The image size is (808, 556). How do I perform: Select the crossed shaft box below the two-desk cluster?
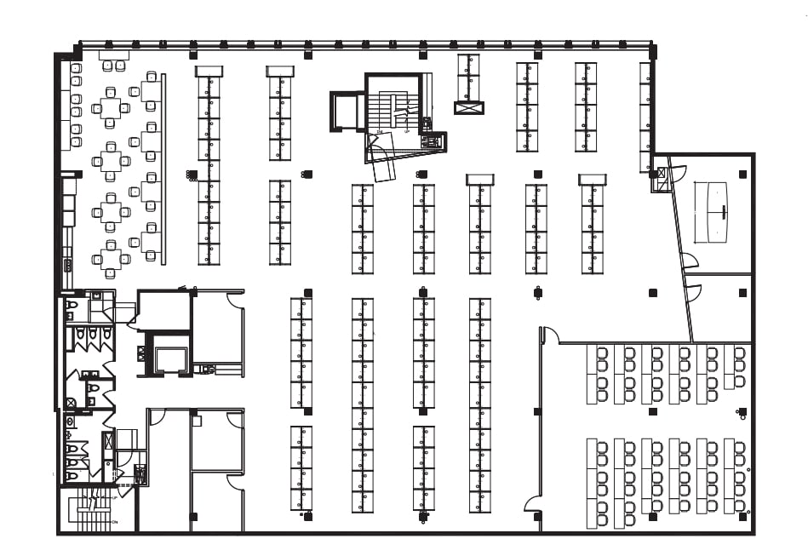click(x=468, y=108)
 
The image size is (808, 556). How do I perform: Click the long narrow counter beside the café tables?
click(x=163, y=170)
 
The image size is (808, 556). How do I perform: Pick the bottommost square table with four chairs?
click(x=110, y=257)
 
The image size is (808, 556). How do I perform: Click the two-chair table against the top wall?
click(x=113, y=55)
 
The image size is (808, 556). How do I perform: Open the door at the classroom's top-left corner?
click(x=550, y=335)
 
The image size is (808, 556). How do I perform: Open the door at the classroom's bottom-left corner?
click(x=533, y=509)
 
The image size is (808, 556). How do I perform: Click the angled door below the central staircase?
click(x=383, y=169)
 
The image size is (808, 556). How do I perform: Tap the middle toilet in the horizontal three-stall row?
click(x=91, y=337)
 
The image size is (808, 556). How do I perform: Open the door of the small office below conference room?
click(x=693, y=293)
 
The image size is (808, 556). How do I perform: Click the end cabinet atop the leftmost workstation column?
click(x=209, y=72)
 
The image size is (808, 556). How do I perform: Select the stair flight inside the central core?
click(x=393, y=106)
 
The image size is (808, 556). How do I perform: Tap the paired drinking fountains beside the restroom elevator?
click(x=205, y=369)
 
